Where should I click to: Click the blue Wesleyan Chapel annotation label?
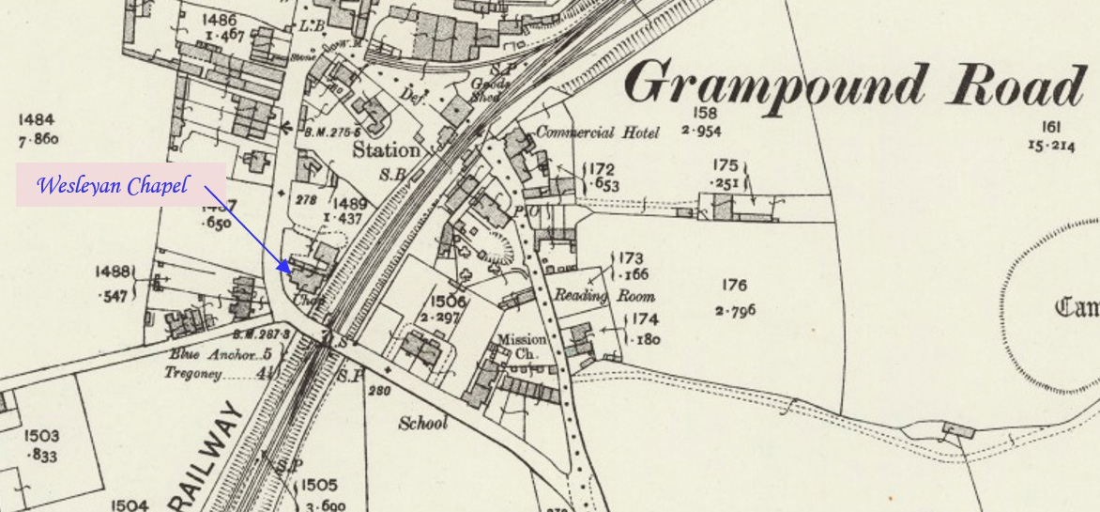pos(112,185)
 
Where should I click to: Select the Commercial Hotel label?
pos(597,132)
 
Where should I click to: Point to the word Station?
pos(386,150)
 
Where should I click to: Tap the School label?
pos(423,423)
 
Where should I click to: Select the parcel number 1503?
pos(41,436)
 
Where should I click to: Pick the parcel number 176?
pos(734,286)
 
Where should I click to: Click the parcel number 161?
pos(1050,127)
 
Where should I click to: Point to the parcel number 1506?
pos(449,301)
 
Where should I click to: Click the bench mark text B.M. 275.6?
pos(329,132)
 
